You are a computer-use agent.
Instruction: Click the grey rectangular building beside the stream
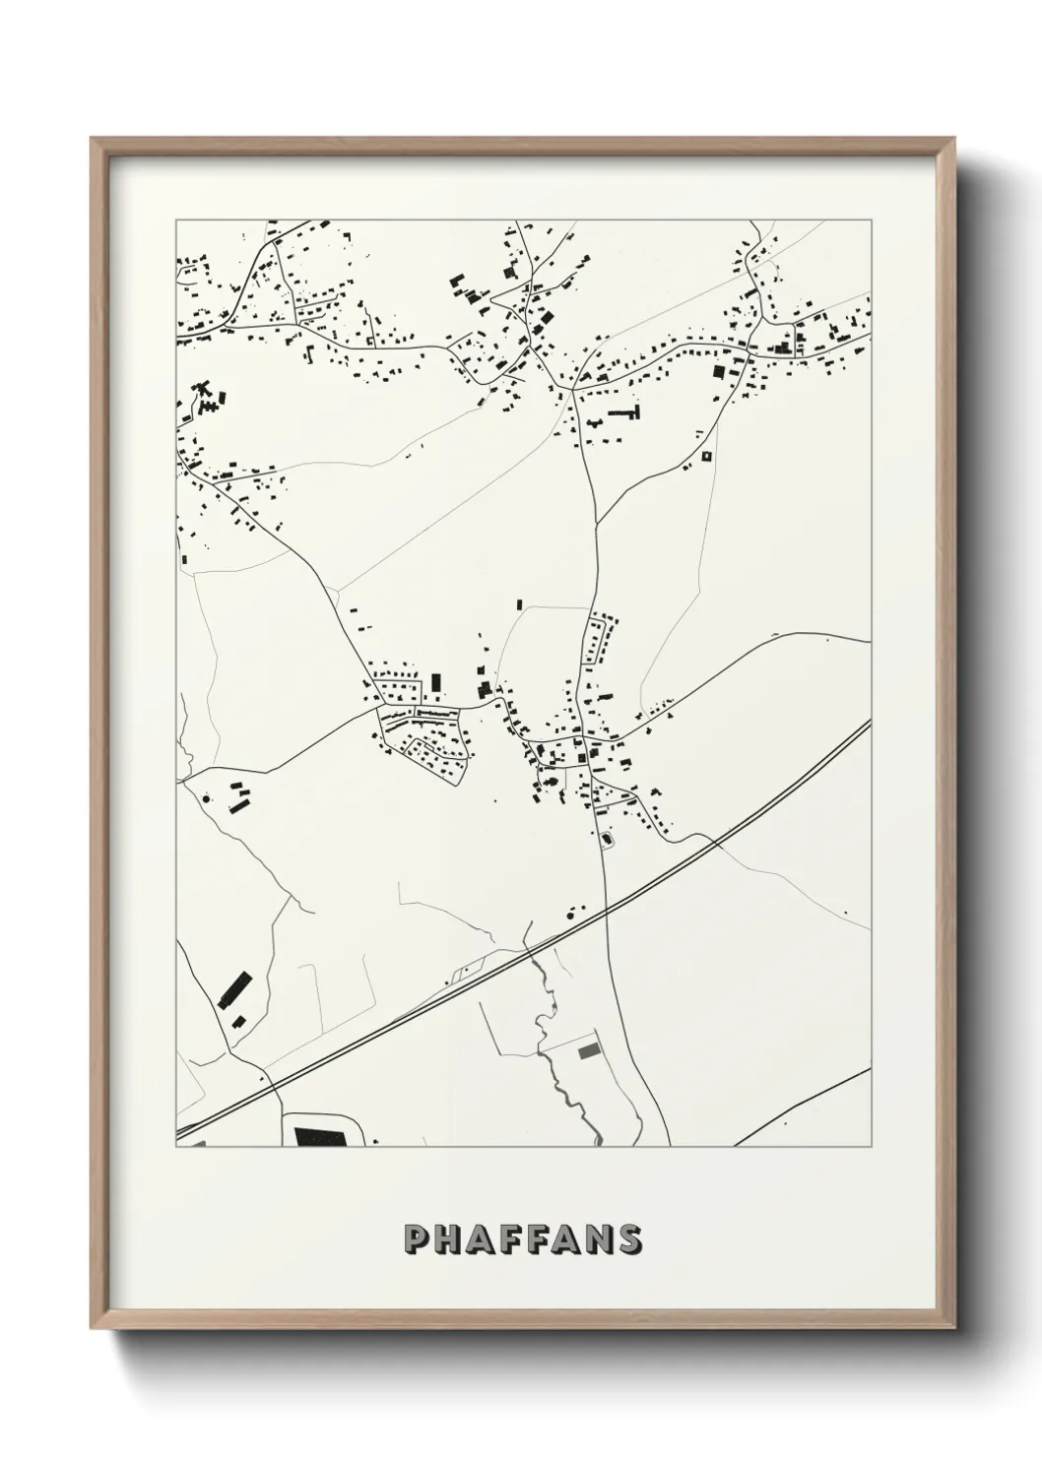590,1051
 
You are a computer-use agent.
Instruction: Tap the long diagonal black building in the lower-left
234,987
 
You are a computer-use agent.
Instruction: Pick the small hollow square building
706,456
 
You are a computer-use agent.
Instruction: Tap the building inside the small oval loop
606,840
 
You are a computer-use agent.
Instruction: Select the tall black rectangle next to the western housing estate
435,682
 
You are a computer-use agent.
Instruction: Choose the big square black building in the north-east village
718,373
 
